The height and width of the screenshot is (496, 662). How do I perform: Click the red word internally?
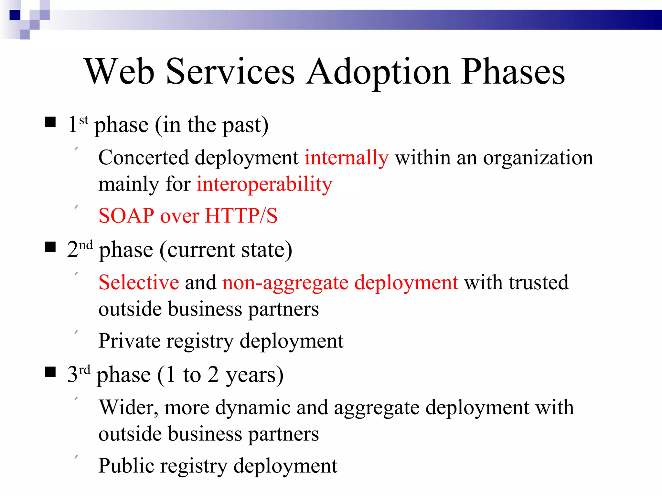(x=347, y=158)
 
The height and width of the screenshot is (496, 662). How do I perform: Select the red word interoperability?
(x=264, y=184)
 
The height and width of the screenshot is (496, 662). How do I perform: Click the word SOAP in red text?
(x=126, y=216)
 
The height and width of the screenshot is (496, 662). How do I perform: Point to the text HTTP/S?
(x=241, y=216)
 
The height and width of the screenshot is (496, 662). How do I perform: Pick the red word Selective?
(x=139, y=283)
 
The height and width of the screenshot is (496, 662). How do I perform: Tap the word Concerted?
(x=143, y=158)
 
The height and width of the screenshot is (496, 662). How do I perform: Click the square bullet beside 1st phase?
(x=50, y=122)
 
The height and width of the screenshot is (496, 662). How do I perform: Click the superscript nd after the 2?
(x=86, y=245)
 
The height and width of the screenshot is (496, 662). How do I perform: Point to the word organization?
(x=538, y=158)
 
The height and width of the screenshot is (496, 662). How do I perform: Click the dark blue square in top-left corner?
(x=15, y=15)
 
